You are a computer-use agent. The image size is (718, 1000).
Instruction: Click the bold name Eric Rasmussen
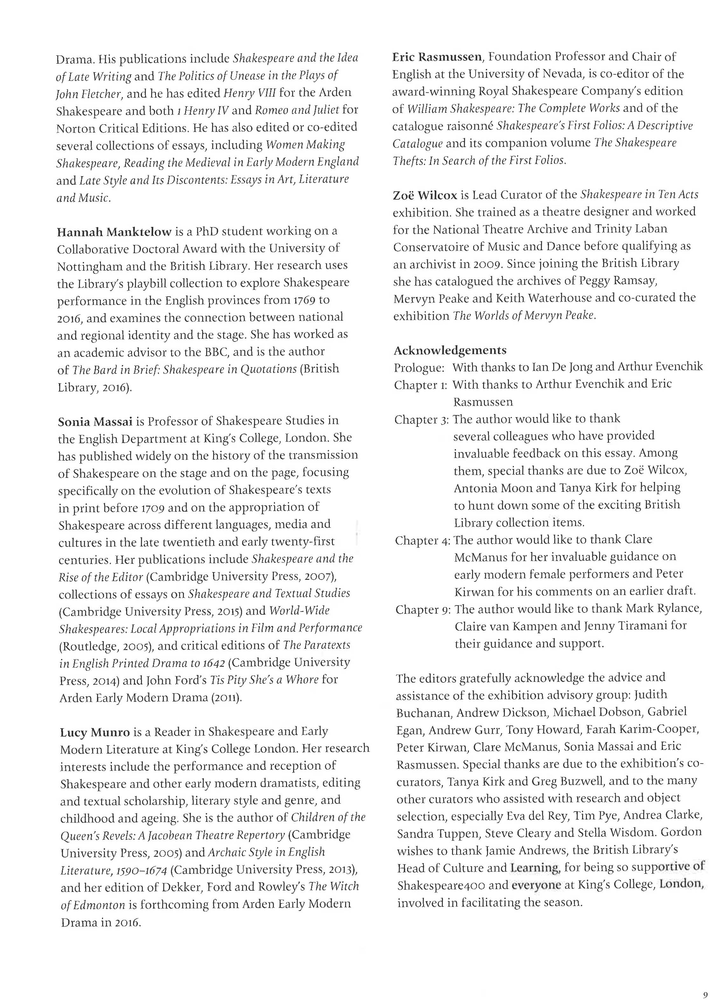coord(437,57)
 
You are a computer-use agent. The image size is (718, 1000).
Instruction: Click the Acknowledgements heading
coord(450,351)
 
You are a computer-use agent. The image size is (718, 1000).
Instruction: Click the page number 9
coord(705,983)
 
